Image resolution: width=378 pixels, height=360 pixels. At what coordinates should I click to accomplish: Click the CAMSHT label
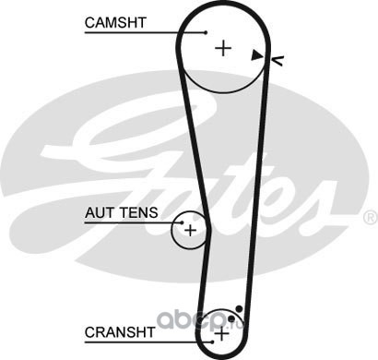[x=115, y=23]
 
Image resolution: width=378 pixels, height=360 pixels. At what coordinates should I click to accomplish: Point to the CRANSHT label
[x=120, y=332]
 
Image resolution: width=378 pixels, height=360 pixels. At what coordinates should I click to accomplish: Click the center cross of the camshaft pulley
[x=223, y=48]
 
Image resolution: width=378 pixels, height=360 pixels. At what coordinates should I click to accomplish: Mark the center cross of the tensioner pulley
[x=190, y=230]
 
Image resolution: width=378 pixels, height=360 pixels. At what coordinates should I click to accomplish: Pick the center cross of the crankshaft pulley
[x=221, y=334]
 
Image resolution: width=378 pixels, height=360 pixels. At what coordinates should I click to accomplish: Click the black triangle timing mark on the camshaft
[x=256, y=55]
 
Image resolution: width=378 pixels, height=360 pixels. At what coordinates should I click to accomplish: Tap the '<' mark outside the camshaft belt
[x=278, y=60]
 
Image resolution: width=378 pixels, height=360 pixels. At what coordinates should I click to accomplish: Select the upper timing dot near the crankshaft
[x=239, y=309]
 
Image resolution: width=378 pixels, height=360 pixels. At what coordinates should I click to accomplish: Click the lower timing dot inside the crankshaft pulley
[x=231, y=318]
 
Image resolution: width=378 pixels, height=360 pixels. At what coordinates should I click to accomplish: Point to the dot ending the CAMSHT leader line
[x=206, y=32]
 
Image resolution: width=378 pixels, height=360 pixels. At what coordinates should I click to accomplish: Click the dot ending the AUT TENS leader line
[x=182, y=222]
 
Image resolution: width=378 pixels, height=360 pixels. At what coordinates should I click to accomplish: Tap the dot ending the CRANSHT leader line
[x=212, y=342]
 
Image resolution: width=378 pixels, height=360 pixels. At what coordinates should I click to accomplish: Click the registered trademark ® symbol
[x=371, y=218]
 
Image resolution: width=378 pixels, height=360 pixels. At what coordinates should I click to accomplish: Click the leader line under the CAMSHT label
[x=146, y=32]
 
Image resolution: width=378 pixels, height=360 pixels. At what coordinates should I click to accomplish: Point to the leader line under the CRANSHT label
[x=148, y=342]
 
